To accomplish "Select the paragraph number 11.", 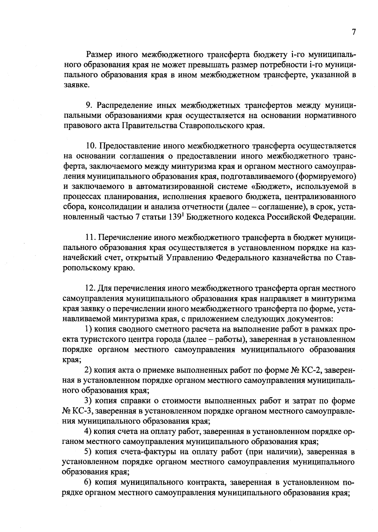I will (90, 238).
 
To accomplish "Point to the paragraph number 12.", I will (90, 288).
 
